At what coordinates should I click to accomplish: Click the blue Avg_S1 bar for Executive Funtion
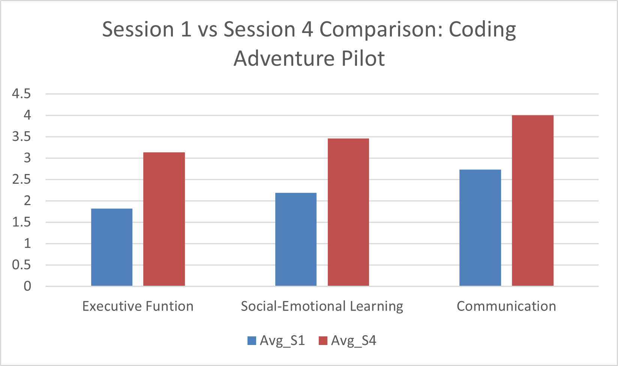click(112, 247)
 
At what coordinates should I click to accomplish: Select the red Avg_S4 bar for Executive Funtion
click(164, 219)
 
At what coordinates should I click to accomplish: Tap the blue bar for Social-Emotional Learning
click(296, 240)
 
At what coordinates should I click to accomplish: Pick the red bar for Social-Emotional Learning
click(348, 212)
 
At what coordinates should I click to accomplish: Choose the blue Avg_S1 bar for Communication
click(480, 228)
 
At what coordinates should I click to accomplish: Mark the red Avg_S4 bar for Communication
click(532, 201)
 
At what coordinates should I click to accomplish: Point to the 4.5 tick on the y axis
click(21, 94)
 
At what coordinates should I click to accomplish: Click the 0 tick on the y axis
click(27, 286)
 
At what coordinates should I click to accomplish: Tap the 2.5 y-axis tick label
click(21, 180)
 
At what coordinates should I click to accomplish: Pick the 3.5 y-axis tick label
click(21, 137)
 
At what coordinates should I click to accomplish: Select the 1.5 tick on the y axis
click(21, 222)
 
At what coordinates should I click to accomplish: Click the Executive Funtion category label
click(138, 306)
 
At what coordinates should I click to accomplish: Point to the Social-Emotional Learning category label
click(322, 306)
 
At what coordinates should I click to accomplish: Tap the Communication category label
click(506, 306)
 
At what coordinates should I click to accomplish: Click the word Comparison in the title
click(379, 30)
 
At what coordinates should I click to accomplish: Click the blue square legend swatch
click(252, 340)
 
